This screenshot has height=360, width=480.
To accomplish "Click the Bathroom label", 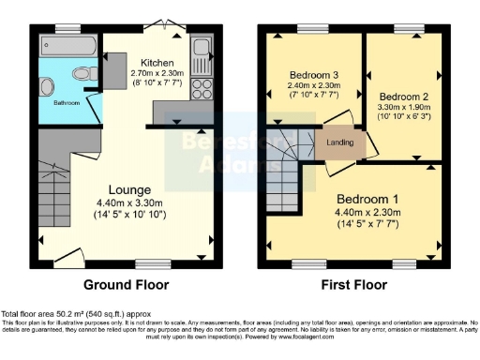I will (x=66, y=103).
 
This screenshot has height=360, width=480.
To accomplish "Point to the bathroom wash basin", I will (x=47, y=87).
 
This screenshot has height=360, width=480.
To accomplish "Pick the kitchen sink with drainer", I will (x=202, y=53).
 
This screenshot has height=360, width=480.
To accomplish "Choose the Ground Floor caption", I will (x=127, y=284).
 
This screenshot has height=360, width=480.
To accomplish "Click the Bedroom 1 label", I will (x=367, y=201).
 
